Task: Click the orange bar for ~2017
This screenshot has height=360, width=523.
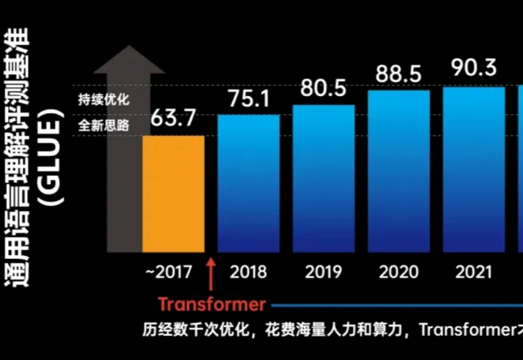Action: [173, 194]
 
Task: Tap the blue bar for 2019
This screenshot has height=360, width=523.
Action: [323, 178]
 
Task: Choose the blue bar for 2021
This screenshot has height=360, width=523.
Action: [474, 170]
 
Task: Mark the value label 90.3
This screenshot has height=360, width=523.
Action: [475, 67]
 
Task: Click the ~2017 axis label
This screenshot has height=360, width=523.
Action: [169, 272]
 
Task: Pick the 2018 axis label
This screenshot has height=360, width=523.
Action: [248, 272]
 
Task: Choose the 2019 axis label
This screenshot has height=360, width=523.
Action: [323, 272]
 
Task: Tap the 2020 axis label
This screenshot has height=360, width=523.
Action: [399, 272]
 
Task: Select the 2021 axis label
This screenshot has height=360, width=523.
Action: [474, 272]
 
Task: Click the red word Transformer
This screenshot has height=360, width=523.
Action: [212, 305]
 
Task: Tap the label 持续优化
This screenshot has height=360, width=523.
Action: [103, 99]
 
